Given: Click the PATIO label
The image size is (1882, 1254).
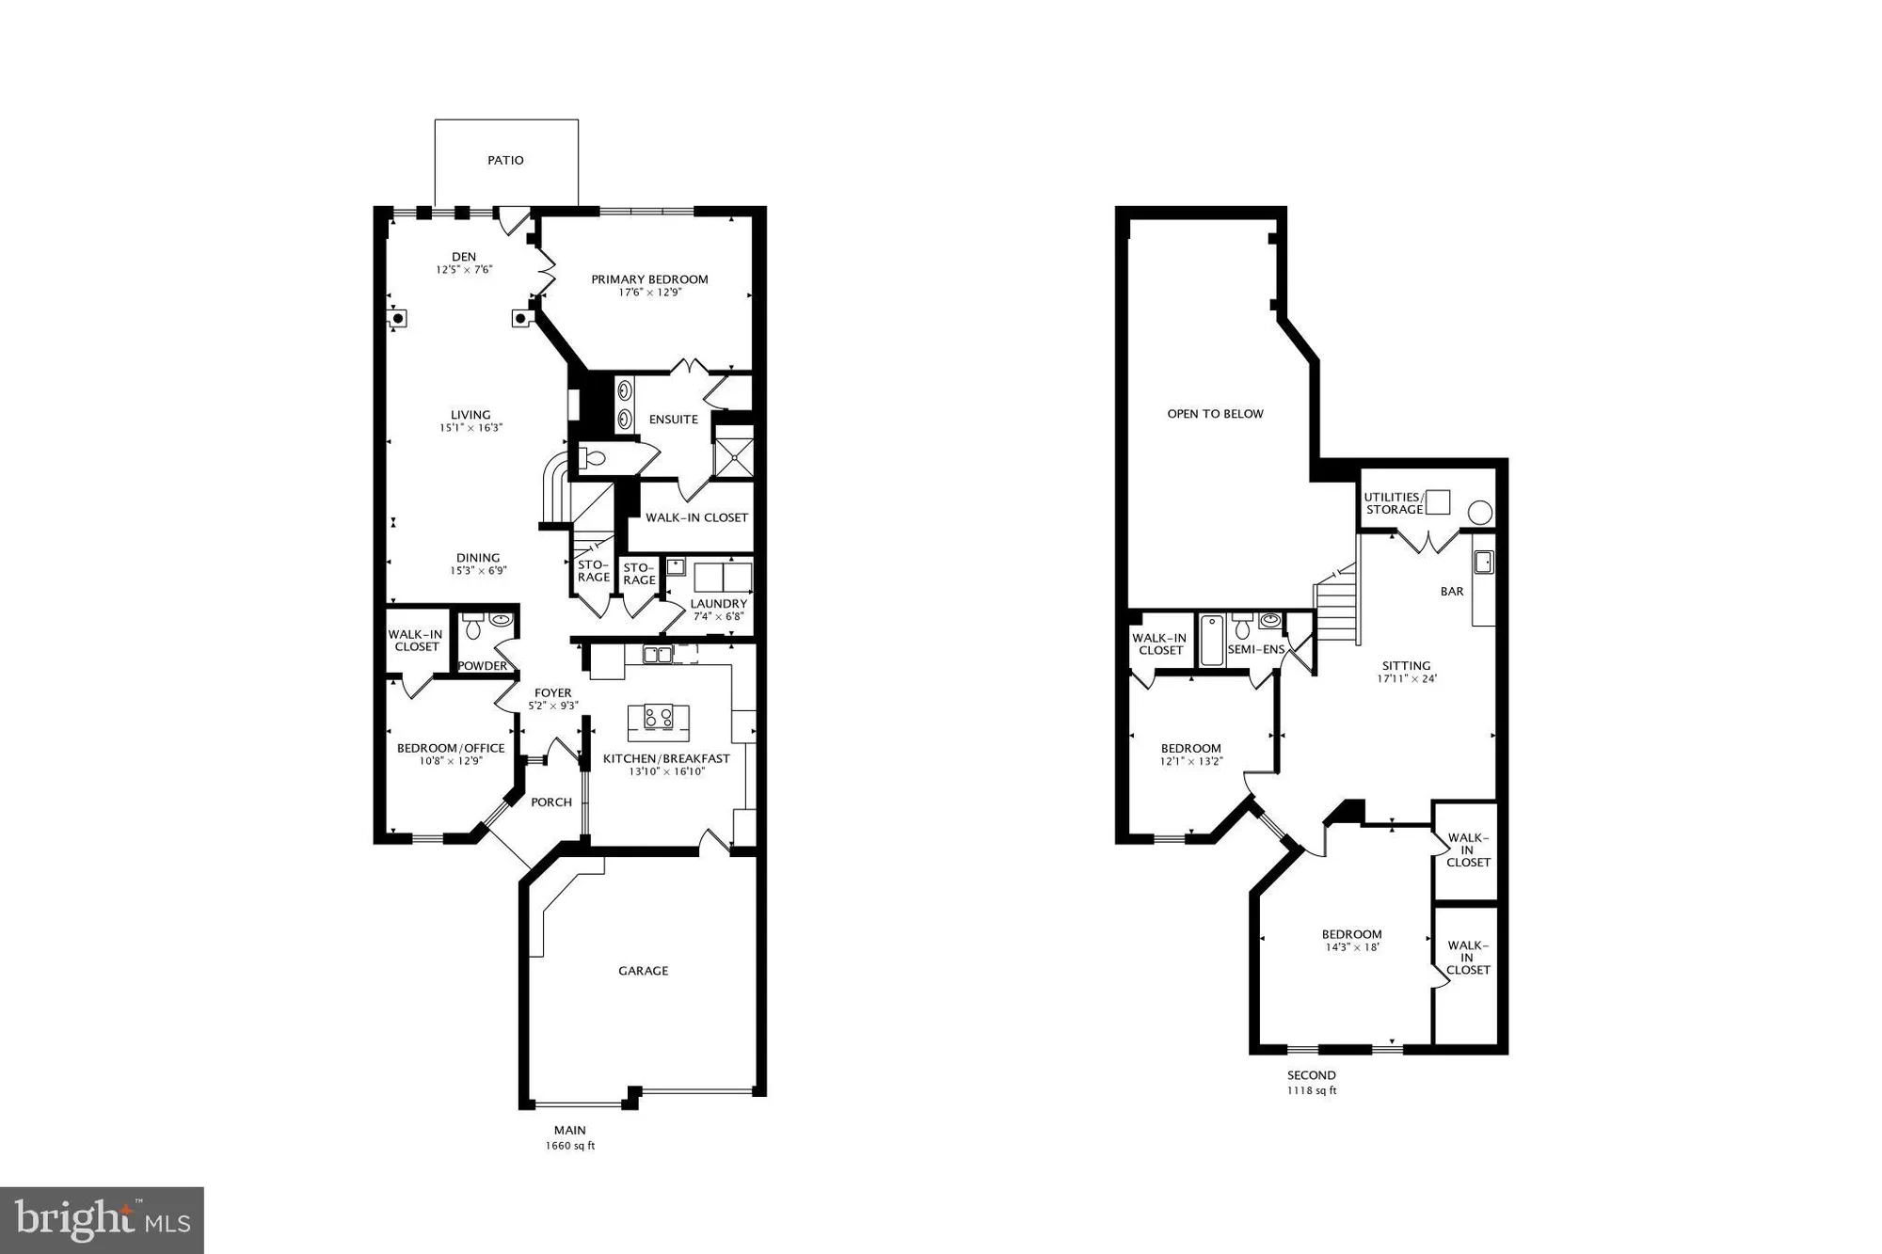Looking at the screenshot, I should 505,161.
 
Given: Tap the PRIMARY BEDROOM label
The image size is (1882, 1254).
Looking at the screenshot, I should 649,279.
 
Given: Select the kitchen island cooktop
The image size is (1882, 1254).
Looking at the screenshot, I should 659,718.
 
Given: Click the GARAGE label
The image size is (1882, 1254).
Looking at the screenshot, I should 643,971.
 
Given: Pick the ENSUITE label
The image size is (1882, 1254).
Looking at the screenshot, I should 674,420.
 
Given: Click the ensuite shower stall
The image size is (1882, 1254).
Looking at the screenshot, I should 734,455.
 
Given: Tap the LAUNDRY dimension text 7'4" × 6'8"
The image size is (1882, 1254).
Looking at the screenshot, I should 719,617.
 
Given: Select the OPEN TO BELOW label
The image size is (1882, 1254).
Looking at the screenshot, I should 1215,414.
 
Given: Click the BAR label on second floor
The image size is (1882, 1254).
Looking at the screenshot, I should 1452,592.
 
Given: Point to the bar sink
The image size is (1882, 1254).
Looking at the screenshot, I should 1483,563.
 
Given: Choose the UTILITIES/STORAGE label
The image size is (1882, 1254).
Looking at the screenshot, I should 1394,503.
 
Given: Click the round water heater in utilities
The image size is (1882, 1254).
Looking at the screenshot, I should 1480,513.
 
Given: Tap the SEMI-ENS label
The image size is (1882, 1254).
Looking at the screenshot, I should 1255,649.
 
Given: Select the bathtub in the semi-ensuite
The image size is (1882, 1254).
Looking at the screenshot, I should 1210,640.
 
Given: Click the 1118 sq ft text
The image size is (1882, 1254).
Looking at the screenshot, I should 1312,1091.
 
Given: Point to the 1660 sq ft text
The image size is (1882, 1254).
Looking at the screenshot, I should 570,1146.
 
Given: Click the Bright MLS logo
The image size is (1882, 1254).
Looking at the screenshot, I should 102,1220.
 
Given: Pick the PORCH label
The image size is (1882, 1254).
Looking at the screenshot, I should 551,802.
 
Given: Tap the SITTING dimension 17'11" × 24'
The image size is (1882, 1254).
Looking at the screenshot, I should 1407,678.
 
